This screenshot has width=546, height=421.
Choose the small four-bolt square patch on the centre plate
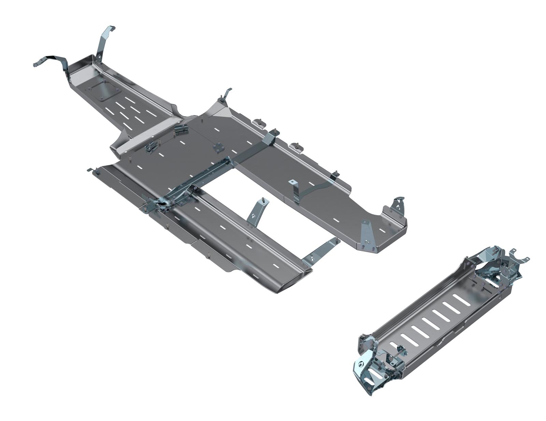[x=217, y=147]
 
